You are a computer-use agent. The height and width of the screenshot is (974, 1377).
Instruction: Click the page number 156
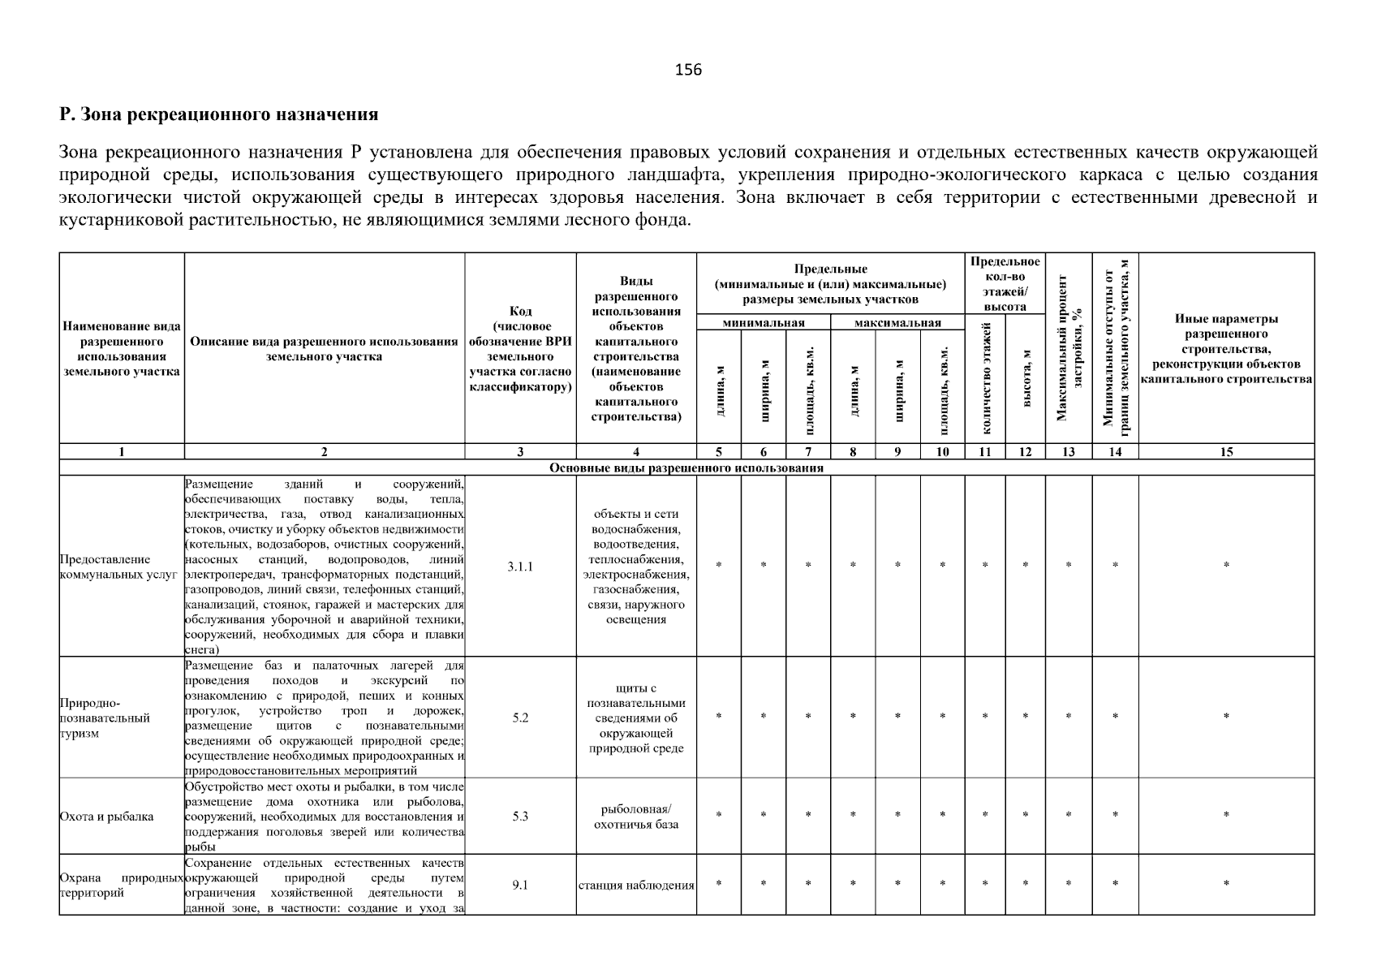(x=688, y=70)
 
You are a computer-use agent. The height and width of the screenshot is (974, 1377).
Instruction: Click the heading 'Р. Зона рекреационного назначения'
(x=219, y=114)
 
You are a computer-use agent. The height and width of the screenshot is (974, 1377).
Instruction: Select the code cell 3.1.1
(x=520, y=567)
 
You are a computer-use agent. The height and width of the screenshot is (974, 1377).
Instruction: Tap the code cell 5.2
(x=520, y=718)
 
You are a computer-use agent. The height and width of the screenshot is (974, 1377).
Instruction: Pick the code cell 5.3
(x=520, y=817)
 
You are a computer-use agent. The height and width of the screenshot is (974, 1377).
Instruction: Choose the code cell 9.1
(x=520, y=886)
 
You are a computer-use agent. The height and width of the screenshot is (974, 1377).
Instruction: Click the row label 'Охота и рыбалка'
(x=107, y=817)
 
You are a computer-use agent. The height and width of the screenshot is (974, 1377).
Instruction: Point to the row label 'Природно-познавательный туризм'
(x=105, y=718)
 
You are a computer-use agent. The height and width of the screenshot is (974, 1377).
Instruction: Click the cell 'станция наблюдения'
(x=636, y=886)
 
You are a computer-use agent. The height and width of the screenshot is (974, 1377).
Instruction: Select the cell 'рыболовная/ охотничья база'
(x=636, y=817)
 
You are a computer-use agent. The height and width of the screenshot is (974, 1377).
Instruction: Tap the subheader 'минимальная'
(x=763, y=323)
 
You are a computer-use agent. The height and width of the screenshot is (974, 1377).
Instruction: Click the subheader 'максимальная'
(x=897, y=323)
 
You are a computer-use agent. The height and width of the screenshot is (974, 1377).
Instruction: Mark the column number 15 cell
(x=1226, y=452)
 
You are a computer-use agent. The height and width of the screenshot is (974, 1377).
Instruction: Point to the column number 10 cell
(x=942, y=452)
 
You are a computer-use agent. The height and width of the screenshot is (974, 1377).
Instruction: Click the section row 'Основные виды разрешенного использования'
(x=686, y=468)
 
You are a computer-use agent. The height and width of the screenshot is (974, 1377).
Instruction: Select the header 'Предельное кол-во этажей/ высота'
(x=1005, y=284)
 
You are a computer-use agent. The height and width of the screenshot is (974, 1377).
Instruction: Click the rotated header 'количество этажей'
(x=986, y=378)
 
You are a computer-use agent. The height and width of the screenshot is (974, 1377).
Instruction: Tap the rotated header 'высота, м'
(x=1026, y=378)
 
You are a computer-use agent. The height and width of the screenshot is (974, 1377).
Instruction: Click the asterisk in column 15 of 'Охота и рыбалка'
(x=1226, y=814)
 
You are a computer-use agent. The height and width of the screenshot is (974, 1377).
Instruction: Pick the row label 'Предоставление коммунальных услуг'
(x=118, y=567)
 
